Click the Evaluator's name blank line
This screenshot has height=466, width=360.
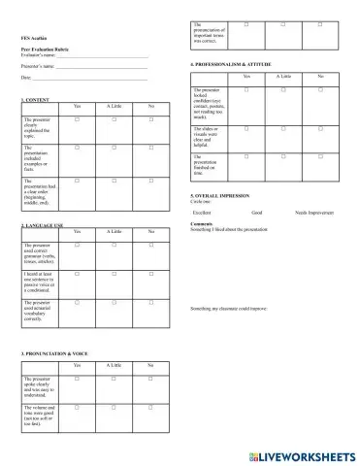[x=104, y=56]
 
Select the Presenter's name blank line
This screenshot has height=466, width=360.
[x=104, y=67]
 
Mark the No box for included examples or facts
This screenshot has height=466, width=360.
[x=150, y=148]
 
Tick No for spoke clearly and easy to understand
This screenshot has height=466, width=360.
[x=150, y=377]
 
